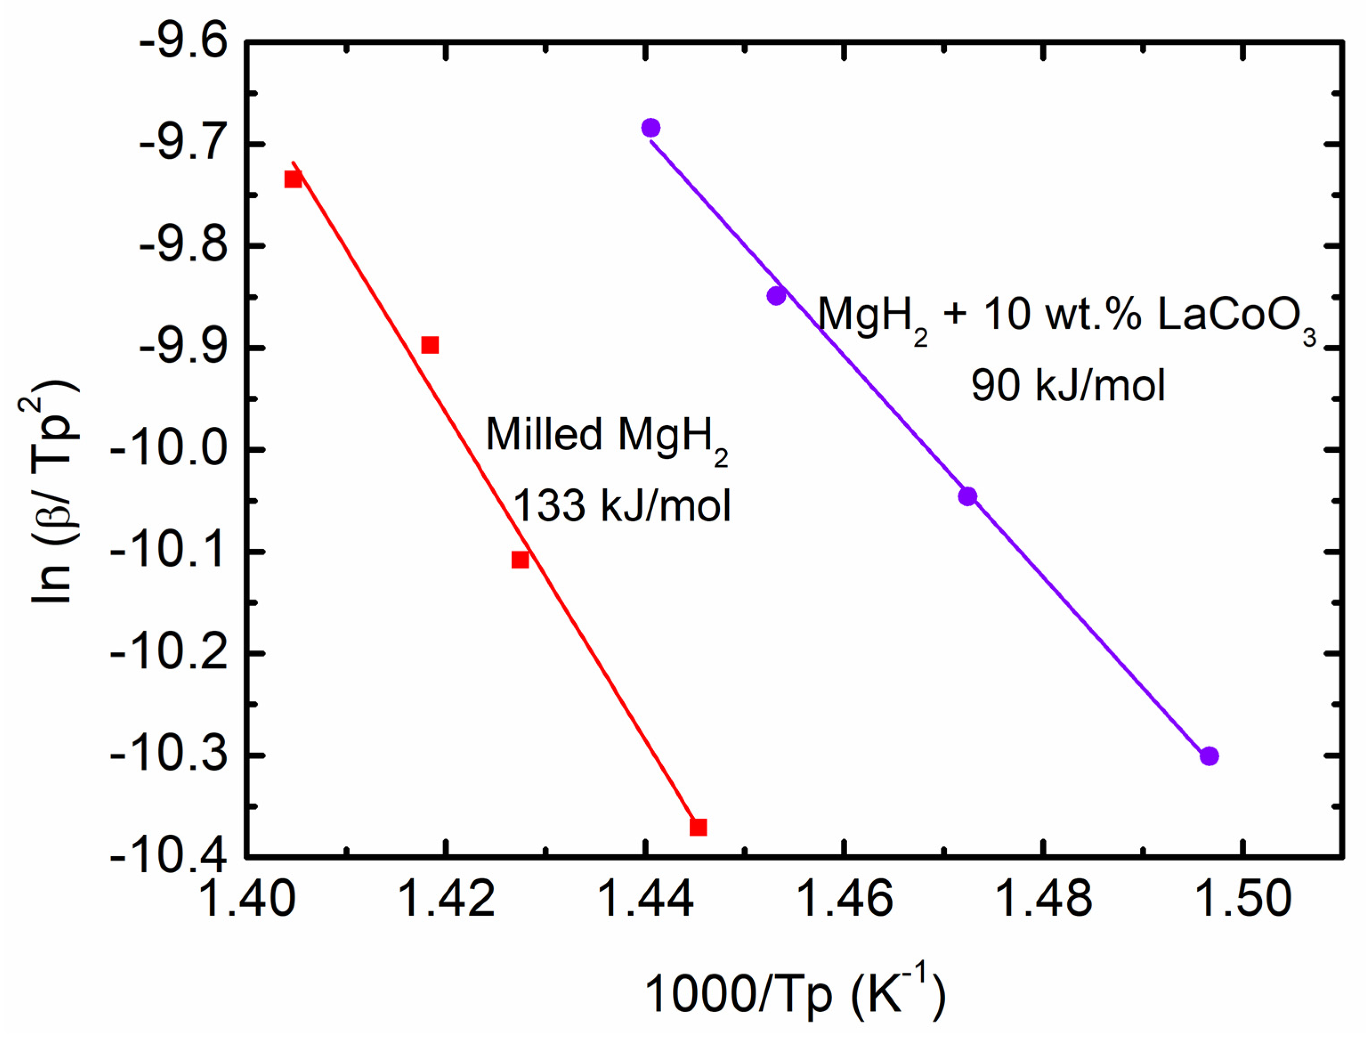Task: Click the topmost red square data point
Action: pyautogui.click(x=293, y=179)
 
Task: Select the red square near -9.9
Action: pyautogui.click(x=429, y=345)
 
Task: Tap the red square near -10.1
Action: pyautogui.click(x=520, y=560)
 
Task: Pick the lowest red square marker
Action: pyautogui.click(x=698, y=827)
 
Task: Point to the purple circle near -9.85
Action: pyautogui.click(x=776, y=296)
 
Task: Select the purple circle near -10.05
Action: pyautogui.click(x=967, y=496)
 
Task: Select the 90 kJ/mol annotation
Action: pyautogui.click(x=1068, y=386)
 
